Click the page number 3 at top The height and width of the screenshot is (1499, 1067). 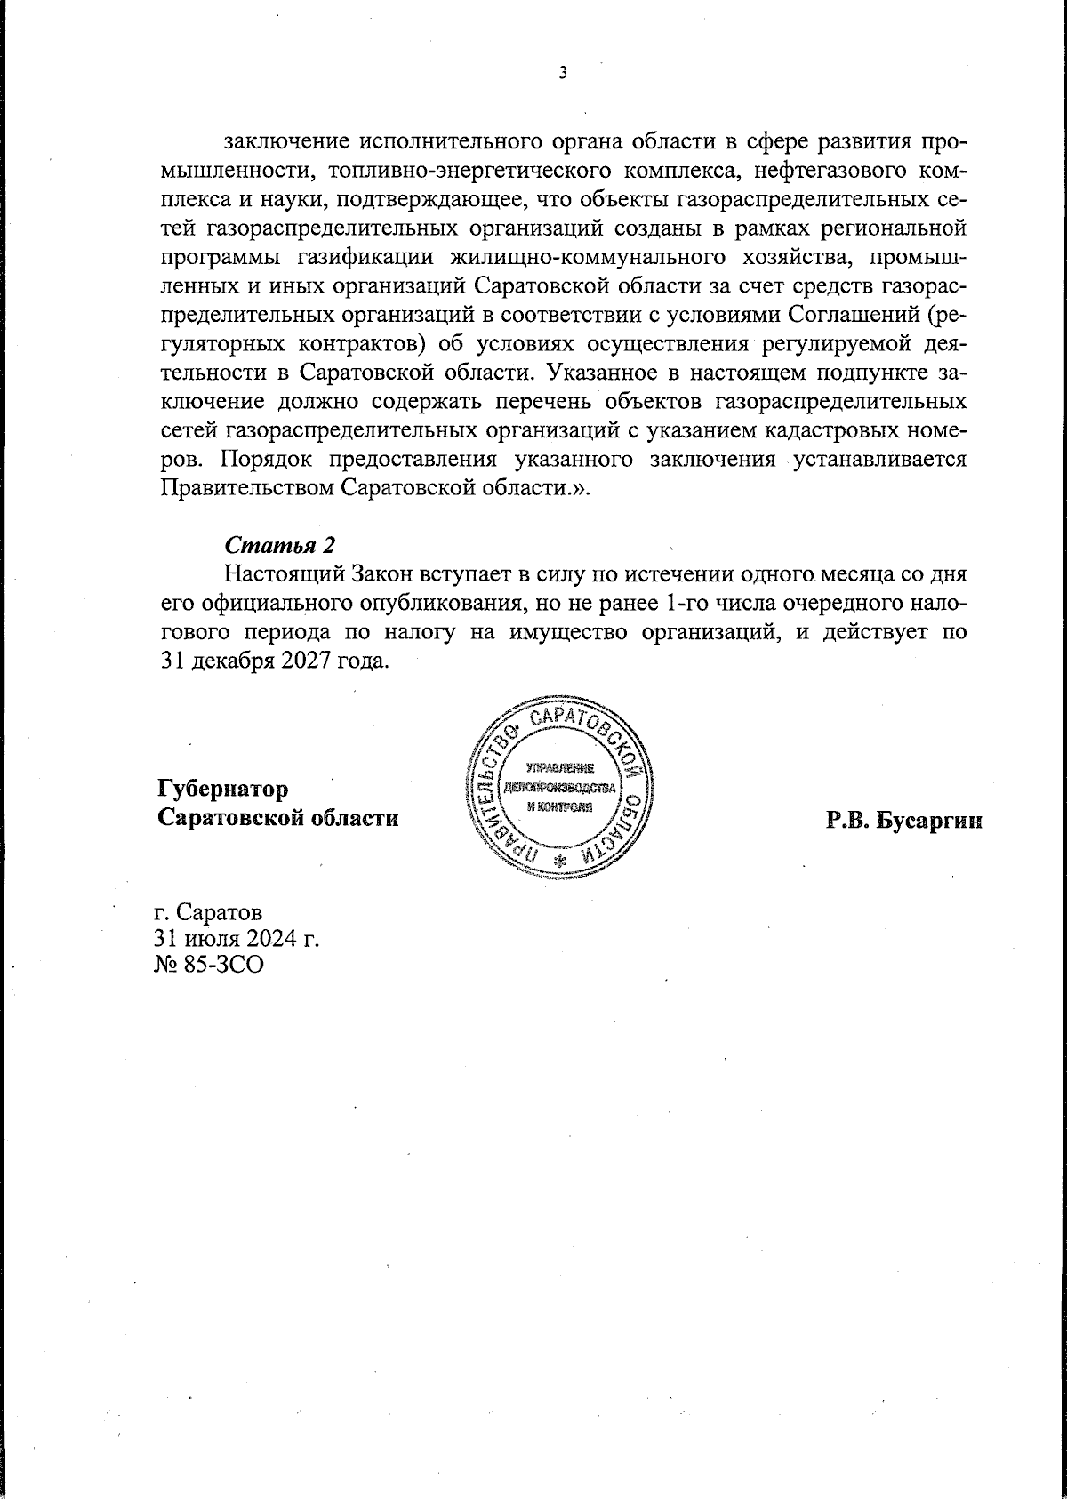pos(562,74)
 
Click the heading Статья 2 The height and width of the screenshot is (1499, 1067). pos(279,543)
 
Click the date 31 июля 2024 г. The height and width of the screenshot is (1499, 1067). pos(237,938)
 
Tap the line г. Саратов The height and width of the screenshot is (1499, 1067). pos(208,913)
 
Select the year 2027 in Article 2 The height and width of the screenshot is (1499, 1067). pos(301,662)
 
